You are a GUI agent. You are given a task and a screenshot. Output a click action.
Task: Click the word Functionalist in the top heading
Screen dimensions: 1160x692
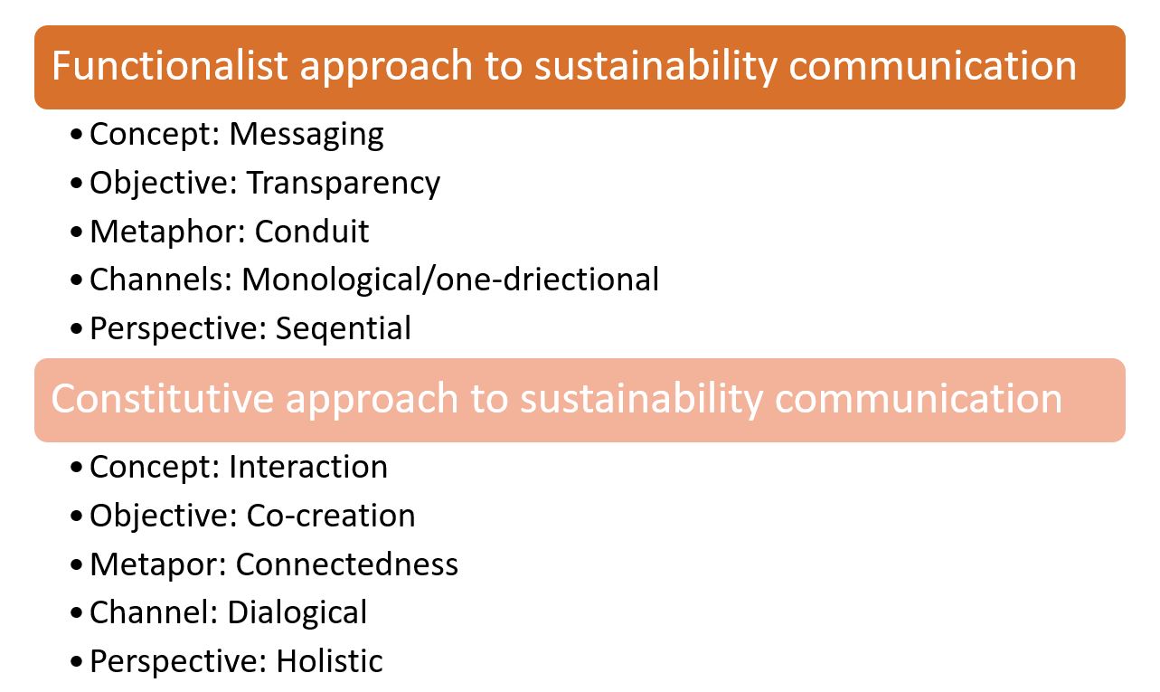click(169, 65)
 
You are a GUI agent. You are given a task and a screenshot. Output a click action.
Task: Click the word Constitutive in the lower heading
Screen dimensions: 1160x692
click(162, 398)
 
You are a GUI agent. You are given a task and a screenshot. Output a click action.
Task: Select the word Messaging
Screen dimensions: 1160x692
click(307, 136)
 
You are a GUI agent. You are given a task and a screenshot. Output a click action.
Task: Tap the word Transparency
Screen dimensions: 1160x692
click(343, 185)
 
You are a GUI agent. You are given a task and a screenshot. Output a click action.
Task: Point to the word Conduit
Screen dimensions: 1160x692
click(311, 231)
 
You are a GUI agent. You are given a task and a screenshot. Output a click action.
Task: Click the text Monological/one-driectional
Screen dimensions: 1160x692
click(450, 280)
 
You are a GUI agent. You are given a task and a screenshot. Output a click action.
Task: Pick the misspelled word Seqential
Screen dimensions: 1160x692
click(343, 329)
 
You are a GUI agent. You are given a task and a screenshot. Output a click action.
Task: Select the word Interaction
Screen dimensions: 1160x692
click(308, 467)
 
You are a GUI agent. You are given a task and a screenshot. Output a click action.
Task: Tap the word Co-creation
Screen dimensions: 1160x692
click(330, 516)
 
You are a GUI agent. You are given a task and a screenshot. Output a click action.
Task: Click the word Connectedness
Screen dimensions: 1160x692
click(346, 564)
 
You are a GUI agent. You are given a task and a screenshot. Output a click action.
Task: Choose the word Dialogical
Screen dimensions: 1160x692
click(297, 613)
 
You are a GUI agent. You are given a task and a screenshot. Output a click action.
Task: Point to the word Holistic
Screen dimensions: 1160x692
click(329, 661)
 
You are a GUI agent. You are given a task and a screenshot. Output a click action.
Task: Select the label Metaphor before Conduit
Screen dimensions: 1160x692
click(163, 232)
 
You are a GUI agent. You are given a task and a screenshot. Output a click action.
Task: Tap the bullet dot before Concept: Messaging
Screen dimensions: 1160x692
click(76, 135)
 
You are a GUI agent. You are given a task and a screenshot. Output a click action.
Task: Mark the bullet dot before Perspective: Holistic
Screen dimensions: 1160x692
click(76, 661)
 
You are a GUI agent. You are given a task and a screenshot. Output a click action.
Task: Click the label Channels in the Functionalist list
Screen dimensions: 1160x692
click(157, 280)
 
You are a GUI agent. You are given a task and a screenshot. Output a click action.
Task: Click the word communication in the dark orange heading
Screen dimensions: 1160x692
click(932, 65)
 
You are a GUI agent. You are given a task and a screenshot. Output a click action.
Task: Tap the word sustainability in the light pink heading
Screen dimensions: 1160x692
click(640, 399)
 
